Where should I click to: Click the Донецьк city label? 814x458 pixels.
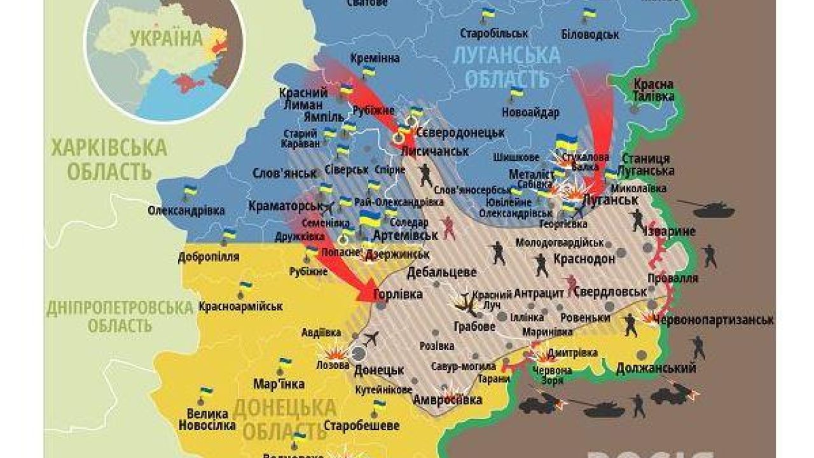(x=379, y=370)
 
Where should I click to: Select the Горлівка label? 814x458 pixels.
(x=398, y=295)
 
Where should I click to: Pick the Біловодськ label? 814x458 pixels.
(x=590, y=34)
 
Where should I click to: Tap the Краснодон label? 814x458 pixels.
(x=584, y=259)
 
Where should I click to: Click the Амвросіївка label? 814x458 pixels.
(x=448, y=400)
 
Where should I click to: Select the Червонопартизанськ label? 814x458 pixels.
(x=714, y=319)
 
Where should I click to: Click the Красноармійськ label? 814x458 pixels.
(x=240, y=307)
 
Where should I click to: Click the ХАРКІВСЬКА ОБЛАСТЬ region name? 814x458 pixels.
(x=108, y=160)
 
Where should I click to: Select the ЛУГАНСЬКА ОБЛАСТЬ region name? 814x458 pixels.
(x=506, y=67)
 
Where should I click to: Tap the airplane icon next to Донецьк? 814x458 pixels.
(x=370, y=337)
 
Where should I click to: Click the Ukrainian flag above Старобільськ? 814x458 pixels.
(x=488, y=14)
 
